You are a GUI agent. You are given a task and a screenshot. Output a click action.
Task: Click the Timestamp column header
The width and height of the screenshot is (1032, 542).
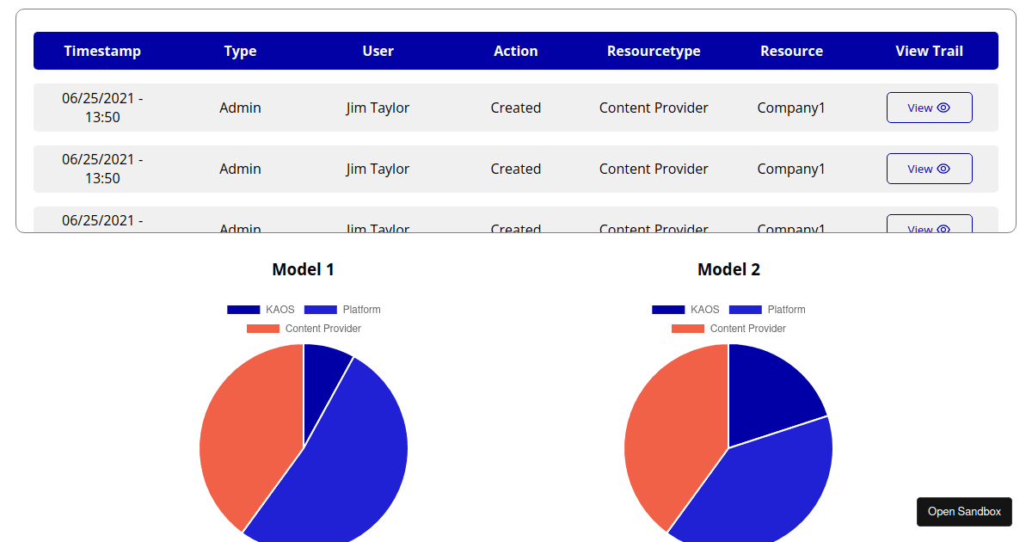102,51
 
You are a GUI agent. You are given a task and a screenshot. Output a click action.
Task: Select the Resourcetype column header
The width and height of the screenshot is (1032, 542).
654,51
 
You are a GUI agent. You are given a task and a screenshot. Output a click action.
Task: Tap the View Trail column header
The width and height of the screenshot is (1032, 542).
929,51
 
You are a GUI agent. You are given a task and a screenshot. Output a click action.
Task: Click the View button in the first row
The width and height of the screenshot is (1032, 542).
929,108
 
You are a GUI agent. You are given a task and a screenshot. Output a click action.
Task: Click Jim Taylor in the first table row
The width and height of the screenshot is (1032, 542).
378,108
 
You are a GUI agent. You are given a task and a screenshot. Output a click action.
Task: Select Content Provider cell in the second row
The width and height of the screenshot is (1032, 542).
654,169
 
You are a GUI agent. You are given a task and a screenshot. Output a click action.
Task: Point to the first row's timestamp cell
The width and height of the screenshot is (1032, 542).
102,108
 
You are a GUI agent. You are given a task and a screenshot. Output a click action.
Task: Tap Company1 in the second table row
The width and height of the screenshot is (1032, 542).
791,169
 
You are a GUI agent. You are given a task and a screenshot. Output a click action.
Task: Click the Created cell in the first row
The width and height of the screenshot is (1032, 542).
516,108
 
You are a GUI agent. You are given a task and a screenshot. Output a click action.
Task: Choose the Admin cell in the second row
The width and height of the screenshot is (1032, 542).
240,169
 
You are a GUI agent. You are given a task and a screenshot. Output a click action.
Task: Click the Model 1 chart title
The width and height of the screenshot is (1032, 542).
303,269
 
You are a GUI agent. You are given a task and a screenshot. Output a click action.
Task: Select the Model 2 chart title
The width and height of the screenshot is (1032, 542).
728,269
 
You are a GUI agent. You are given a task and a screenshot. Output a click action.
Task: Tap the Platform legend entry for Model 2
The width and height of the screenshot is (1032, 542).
767,310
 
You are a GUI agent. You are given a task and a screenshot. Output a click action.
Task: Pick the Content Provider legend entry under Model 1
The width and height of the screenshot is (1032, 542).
304,329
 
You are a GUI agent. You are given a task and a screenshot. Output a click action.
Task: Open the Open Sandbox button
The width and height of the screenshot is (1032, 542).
964,511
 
